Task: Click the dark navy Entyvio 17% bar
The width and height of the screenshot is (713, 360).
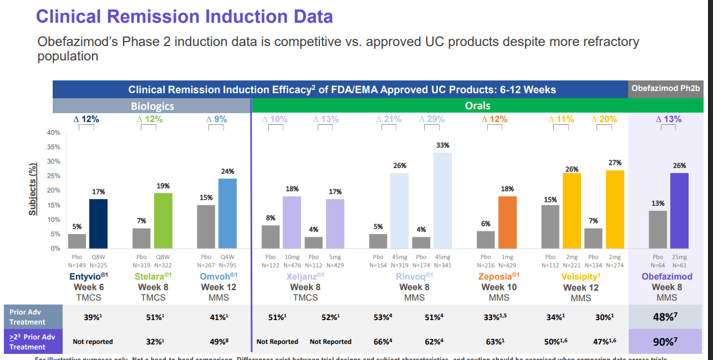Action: (99, 224)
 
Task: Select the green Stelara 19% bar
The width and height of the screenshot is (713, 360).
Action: (163, 221)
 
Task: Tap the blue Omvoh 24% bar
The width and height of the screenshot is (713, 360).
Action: (227, 214)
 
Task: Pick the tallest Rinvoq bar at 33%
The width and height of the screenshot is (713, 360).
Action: (442, 200)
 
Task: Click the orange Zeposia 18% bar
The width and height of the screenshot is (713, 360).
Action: (507, 222)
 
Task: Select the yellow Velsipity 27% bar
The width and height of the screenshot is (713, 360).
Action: (615, 209)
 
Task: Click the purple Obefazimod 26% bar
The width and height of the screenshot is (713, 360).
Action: (679, 211)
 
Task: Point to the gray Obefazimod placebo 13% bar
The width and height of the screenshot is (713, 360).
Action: (658, 230)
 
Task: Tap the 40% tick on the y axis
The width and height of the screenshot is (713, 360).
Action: (54, 133)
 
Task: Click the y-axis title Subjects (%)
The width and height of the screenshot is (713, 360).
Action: (33, 189)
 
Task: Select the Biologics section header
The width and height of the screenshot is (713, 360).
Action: (152, 106)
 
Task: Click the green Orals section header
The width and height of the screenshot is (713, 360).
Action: (477, 106)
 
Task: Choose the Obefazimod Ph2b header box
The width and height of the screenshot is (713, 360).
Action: (665, 89)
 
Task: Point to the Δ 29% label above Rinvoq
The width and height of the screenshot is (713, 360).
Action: (432, 119)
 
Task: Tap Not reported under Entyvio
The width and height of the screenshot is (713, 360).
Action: (93, 342)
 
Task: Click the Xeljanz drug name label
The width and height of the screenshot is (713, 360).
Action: (305, 276)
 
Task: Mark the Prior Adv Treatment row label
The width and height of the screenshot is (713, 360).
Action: (28, 317)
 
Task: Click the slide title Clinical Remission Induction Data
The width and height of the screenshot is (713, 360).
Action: (184, 16)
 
